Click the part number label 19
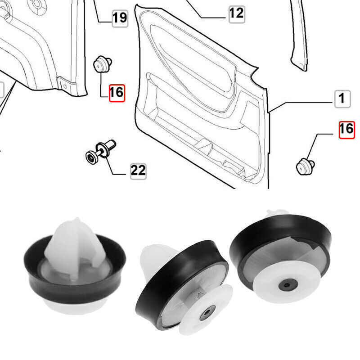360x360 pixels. point(119,18)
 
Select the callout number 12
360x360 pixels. point(236,13)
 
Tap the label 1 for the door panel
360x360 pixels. point(342,98)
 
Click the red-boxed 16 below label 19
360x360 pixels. point(116,93)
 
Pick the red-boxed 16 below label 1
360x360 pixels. point(346,130)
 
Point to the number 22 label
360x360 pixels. point(138,170)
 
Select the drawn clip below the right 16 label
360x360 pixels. point(304,165)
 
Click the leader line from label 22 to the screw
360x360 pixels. point(114,166)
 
